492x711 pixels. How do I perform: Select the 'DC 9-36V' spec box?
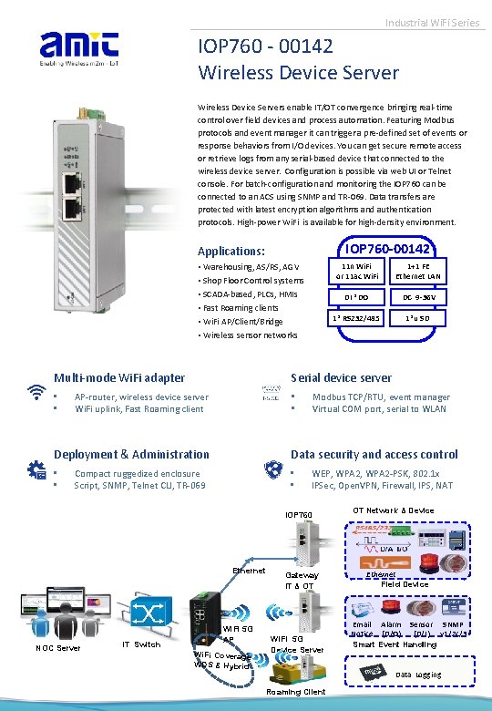pyautogui.click(x=420, y=297)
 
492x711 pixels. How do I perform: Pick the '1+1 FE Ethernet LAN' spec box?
pyautogui.click(x=420, y=270)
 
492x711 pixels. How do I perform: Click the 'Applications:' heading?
pyautogui.click(x=231, y=251)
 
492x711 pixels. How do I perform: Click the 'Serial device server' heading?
pyautogui.click(x=341, y=377)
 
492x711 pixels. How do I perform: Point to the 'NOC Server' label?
pyautogui.click(x=58, y=648)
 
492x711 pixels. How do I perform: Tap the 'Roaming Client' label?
pyautogui.click(x=295, y=692)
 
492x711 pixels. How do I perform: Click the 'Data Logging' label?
pyautogui.click(x=418, y=675)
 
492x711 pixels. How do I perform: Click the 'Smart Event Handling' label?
pyautogui.click(x=395, y=644)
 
